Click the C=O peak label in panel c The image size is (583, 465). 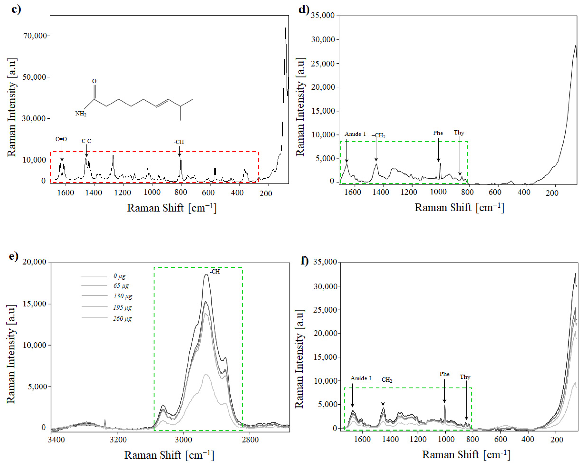coord(61,139)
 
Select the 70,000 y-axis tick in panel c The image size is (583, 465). coord(35,36)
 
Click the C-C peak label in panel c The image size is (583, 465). coord(86,141)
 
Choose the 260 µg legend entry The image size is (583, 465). coord(122,319)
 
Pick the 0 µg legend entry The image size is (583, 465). coord(119,276)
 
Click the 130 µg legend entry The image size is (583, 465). coord(122,296)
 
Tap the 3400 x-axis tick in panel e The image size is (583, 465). coord(56,439)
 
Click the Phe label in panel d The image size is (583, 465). coord(438,133)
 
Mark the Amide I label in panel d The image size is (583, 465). coord(355,134)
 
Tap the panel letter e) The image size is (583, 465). coord(14,256)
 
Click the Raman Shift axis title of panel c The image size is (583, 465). coord(172,208)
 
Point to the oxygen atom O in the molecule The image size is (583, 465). coord(94,81)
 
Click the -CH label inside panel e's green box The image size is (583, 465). coord(215,271)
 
